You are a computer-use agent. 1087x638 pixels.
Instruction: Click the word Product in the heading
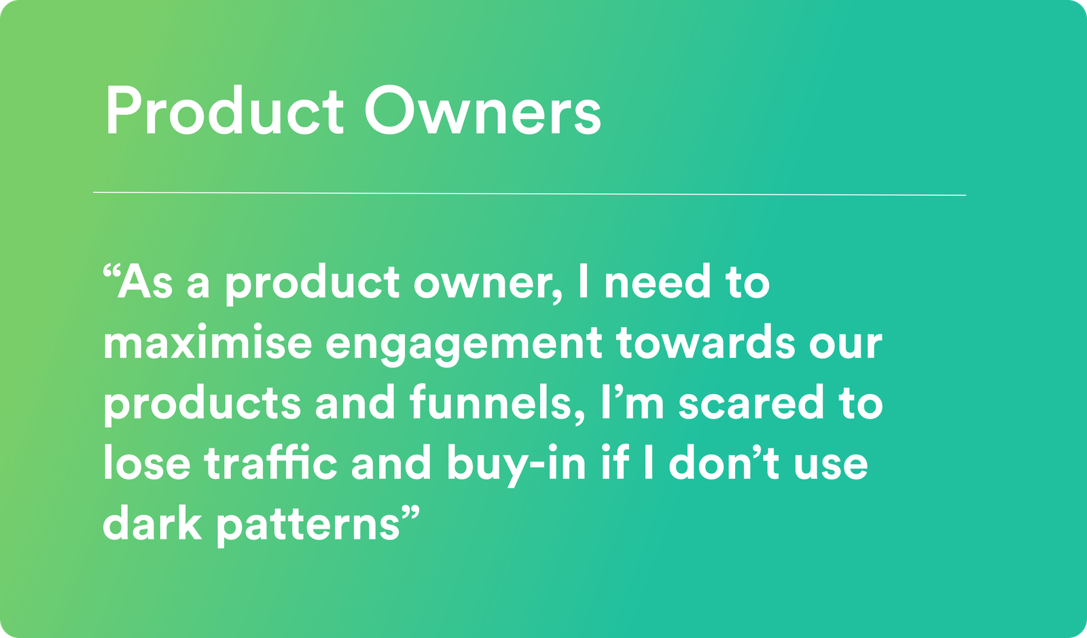pyautogui.click(x=225, y=111)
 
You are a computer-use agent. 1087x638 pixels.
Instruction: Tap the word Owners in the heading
pyautogui.click(x=483, y=111)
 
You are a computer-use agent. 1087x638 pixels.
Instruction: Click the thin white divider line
pyautogui.click(x=529, y=194)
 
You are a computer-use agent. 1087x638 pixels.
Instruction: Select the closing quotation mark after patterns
pyautogui.click(x=411, y=513)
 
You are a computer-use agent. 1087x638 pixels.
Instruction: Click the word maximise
pyautogui.click(x=207, y=343)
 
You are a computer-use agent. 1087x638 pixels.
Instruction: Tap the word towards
pyautogui.click(x=706, y=342)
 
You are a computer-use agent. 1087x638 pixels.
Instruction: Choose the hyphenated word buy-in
pyautogui.click(x=516, y=466)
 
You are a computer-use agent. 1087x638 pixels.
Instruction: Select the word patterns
pyautogui.click(x=308, y=526)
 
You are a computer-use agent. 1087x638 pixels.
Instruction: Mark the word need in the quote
pyautogui.click(x=658, y=281)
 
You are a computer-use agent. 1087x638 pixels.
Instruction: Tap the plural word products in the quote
pyautogui.click(x=202, y=405)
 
